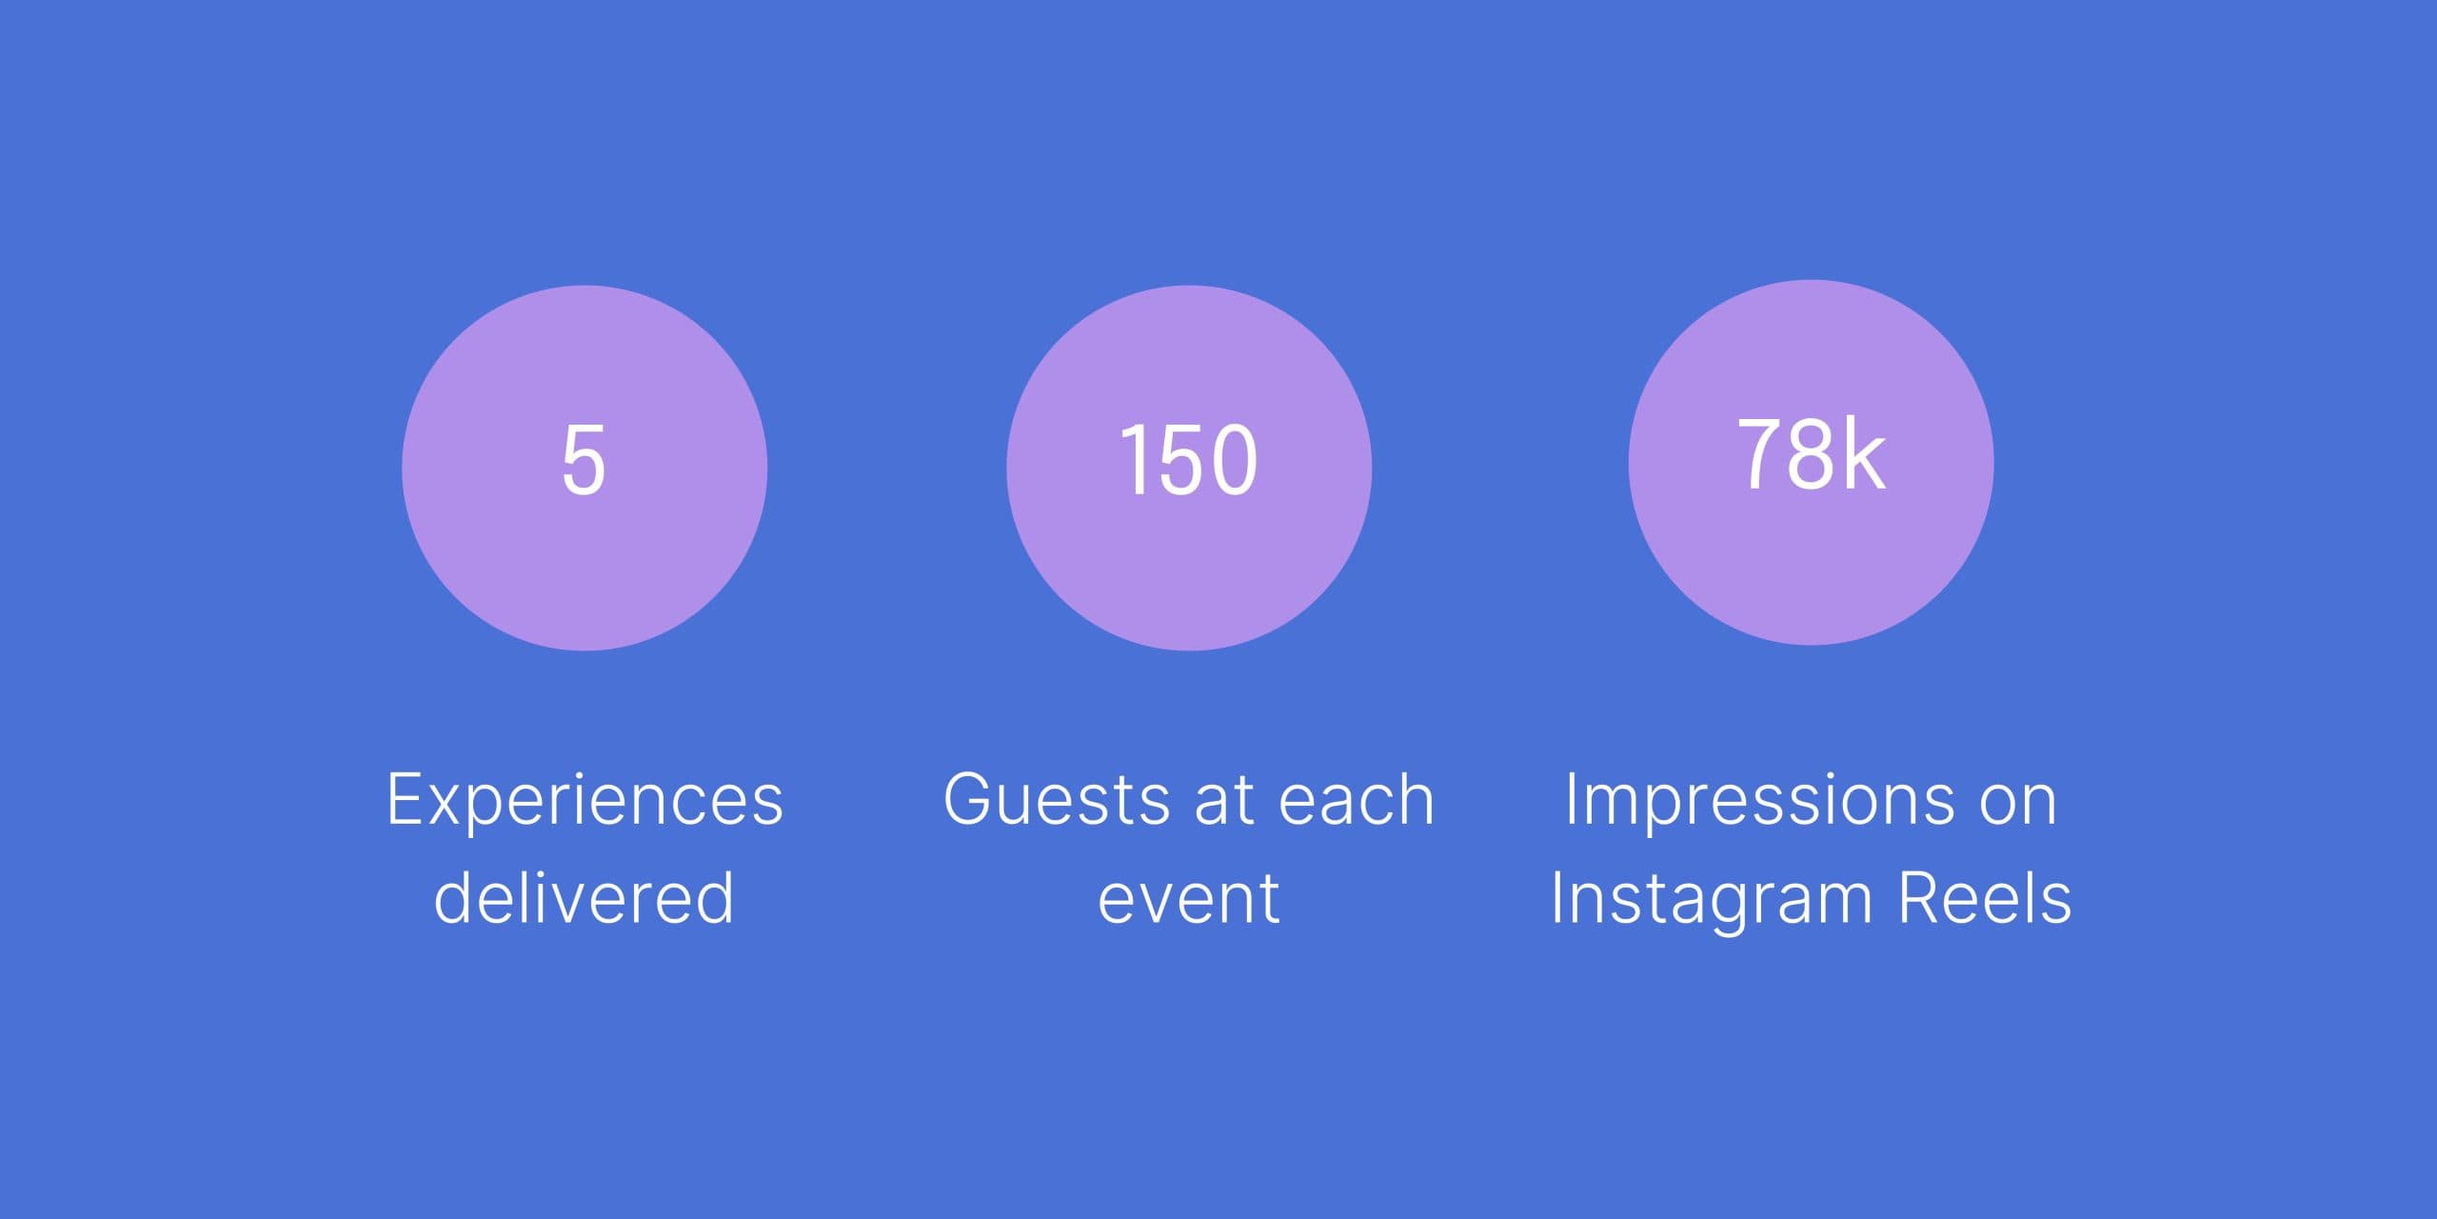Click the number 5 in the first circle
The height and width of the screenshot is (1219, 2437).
584,460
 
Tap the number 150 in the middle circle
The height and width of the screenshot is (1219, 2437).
1188,460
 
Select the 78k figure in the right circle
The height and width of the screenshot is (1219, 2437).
1811,454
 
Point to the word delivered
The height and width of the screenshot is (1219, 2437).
584,897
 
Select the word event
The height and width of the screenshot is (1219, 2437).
1188,899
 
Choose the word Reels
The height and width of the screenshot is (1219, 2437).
1985,897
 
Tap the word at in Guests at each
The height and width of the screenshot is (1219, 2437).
1223,801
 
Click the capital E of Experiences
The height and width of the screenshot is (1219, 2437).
404,799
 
